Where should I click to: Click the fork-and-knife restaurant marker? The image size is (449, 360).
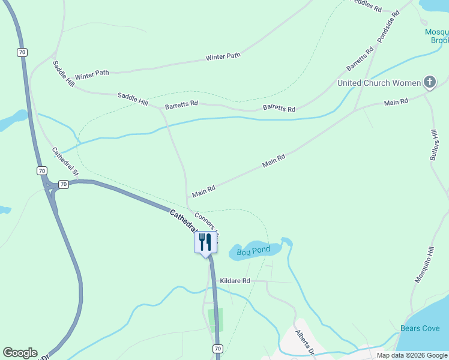pos(205,242)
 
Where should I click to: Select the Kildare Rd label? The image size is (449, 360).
pos(235,281)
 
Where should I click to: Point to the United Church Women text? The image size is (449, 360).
pos(379,83)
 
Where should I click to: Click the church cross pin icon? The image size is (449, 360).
pos(429,82)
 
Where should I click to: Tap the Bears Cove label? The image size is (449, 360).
pos(420,328)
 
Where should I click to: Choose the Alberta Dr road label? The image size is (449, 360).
pos(305,341)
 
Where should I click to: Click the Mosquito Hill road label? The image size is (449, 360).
pos(424,265)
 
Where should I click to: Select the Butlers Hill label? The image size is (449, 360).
pos(435,145)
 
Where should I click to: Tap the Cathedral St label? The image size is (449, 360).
pos(65,161)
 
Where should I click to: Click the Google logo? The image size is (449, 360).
pos(20,353)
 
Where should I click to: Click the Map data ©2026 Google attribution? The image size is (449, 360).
pos(412,355)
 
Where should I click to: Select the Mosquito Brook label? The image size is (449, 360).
pos(436,36)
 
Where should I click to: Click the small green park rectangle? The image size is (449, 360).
pos(215,320)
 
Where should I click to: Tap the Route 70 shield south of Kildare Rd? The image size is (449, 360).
pos(217,349)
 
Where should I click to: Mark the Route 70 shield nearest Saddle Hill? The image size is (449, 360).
pos(22,53)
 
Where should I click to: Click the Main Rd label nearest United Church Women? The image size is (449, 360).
pos(396,102)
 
